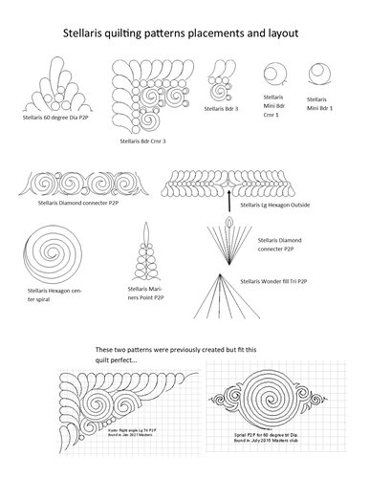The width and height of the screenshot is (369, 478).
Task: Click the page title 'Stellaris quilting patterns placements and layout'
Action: [x=184, y=33]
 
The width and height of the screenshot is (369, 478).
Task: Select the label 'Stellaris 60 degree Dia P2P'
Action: [x=54, y=123]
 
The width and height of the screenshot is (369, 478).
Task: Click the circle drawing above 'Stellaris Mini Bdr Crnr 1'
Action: [x=275, y=74]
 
